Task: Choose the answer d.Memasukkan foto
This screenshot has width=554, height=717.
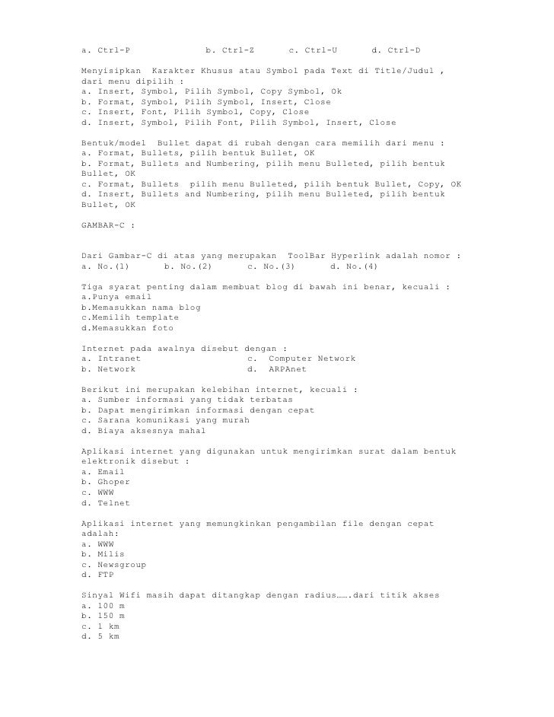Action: [x=127, y=328]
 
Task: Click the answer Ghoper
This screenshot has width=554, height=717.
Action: [x=113, y=483]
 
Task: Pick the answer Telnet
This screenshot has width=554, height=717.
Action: [x=113, y=503]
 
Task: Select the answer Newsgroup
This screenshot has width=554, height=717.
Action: [x=122, y=565]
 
